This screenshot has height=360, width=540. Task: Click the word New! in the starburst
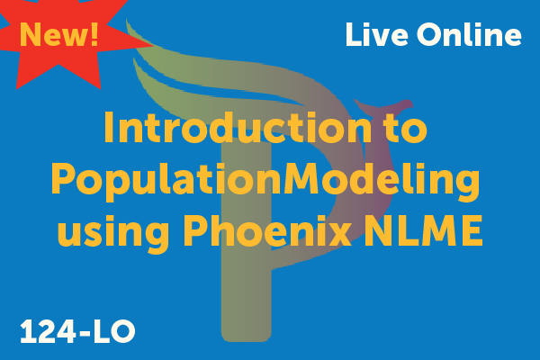point(59,34)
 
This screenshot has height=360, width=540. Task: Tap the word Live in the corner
point(377,34)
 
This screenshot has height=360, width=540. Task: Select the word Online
point(469,34)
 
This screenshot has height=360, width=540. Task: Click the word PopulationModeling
point(265,181)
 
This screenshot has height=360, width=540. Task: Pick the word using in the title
point(113,230)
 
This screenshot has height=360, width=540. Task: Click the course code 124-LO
point(77,331)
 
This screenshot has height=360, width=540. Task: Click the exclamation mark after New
point(94,34)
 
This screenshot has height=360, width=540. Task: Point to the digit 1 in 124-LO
point(28,331)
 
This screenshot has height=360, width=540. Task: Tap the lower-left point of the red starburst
point(16,89)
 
